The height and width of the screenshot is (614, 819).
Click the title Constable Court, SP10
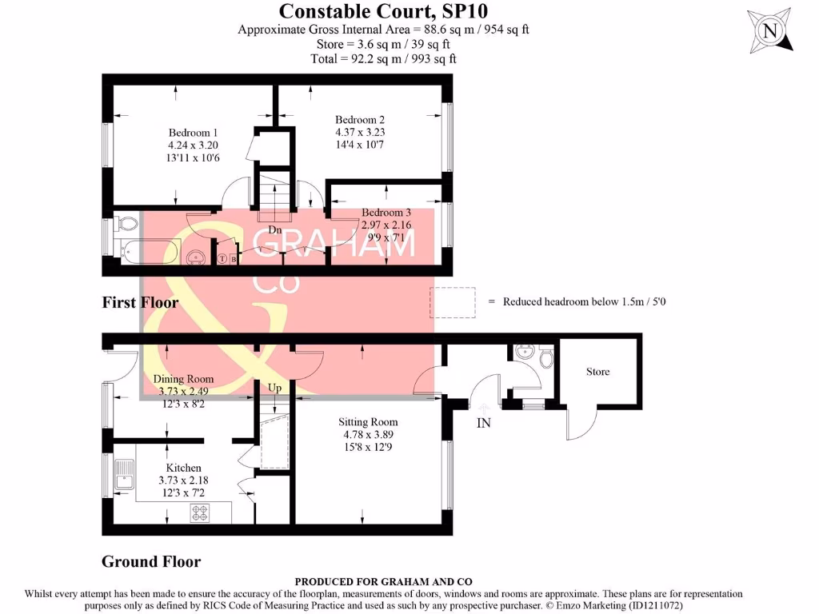coord(383,11)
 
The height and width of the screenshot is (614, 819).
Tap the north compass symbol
coord(770,31)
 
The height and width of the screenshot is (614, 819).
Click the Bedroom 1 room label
coord(193,133)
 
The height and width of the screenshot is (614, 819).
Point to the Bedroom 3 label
coord(386,213)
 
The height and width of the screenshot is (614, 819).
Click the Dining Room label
coord(184,379)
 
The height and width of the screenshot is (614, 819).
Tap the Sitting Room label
coord(368,422)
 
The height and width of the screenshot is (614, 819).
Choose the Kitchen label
coord(183,468)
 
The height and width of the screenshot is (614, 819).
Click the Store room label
coord(597,372)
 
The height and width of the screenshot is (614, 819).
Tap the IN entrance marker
coord(483,423)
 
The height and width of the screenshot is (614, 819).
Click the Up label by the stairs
coord(275,388)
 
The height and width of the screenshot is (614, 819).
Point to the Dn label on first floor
coord(275,230)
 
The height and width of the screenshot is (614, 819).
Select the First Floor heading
coord(140,302)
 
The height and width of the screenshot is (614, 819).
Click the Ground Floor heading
coord(151,561)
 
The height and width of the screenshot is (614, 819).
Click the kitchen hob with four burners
coord(199,514)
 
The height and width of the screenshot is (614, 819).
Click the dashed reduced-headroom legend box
coord(453,301)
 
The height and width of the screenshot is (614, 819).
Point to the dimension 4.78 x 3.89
coord(368,435)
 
